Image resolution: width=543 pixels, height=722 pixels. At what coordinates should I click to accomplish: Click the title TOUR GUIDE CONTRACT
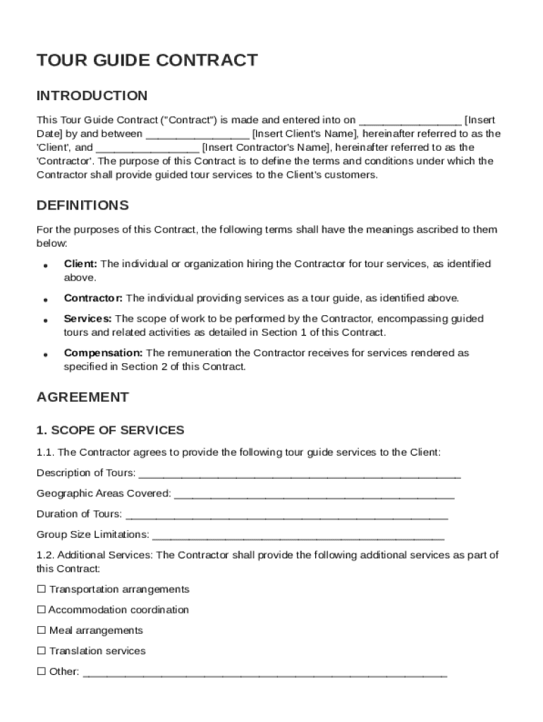147,61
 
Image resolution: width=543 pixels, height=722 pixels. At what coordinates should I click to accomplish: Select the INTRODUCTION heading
92,96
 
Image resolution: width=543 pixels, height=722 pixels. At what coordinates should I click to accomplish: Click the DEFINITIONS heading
83,205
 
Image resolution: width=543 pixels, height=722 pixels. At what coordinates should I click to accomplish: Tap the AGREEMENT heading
83,397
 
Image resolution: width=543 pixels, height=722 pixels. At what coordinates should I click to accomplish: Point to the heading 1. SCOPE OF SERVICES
110,430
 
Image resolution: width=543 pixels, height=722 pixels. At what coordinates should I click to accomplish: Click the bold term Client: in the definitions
80,264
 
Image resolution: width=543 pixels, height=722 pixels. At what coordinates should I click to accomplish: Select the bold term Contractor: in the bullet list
93,298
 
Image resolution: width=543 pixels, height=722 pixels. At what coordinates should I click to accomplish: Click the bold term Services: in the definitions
87,319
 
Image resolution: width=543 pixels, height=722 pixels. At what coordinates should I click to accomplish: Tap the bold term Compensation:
103,353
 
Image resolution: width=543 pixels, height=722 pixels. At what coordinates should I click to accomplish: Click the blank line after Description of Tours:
300,474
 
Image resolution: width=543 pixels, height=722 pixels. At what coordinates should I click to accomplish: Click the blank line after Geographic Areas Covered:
314,494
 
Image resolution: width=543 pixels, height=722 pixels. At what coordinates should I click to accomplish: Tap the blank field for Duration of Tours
286,515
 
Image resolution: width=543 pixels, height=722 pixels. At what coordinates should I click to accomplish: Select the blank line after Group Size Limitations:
298,535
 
